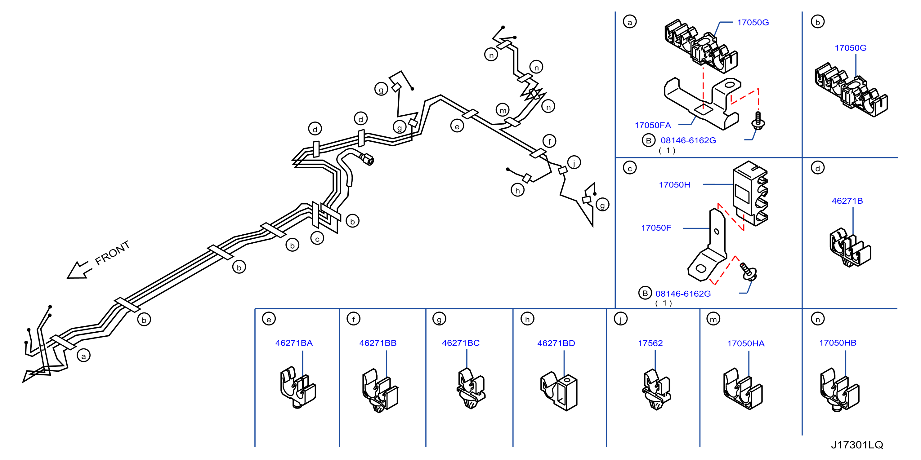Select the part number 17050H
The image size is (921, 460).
[674, 185]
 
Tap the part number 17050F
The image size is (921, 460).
[656, 228]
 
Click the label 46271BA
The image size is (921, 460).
[294, 343]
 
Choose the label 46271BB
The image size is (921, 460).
[378, 343]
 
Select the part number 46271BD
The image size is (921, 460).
[556, 343]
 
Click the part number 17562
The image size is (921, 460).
[651, 343]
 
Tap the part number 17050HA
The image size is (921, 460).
[746, 343]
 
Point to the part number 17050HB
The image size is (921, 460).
[838, 343]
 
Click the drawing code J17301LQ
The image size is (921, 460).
[857, 445]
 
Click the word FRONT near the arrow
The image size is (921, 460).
[112, 253]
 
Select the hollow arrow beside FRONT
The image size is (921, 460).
[79, 270]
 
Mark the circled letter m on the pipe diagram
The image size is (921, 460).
[503, 110]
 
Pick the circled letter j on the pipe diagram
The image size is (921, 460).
[574, 163]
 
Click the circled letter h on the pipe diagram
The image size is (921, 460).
[517, 190]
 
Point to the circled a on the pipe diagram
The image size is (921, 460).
[84, 356]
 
